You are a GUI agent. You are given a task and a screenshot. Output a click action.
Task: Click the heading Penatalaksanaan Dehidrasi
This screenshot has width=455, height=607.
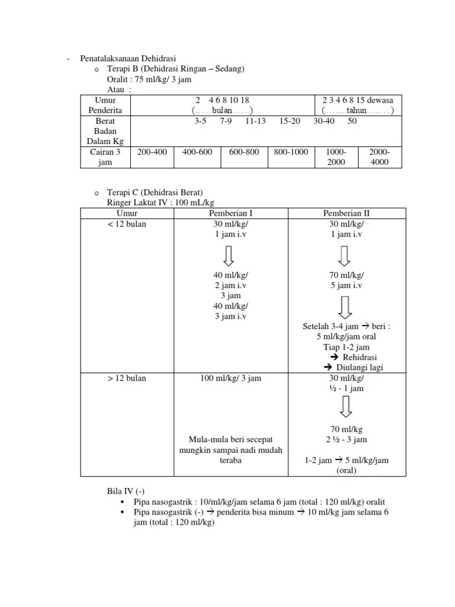(128, 59)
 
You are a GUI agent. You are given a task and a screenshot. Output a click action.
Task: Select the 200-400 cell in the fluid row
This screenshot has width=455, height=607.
(152, 152)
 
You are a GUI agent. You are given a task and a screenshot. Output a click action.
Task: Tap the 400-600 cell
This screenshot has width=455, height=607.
(197, 152)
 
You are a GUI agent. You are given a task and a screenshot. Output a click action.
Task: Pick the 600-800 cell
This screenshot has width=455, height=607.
(244, 152)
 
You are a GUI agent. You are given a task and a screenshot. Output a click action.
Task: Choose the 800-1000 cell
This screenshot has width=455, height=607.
(291, 152)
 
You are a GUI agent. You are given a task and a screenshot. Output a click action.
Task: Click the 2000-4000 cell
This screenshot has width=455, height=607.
(379, 156)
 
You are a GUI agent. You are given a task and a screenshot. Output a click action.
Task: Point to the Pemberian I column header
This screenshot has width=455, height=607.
(230, 213)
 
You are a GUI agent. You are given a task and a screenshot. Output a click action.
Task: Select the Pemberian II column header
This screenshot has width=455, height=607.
(347, 213)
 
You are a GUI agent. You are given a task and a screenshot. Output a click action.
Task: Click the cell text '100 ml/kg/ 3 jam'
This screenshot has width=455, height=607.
(230, 378)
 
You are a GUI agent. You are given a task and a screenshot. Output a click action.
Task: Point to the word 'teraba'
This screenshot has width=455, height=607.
(230, 460)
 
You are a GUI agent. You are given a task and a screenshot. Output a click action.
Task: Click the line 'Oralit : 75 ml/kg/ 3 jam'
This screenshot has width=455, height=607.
(149, 79)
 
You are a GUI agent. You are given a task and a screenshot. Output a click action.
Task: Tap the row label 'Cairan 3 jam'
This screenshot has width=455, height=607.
(104, 156)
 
